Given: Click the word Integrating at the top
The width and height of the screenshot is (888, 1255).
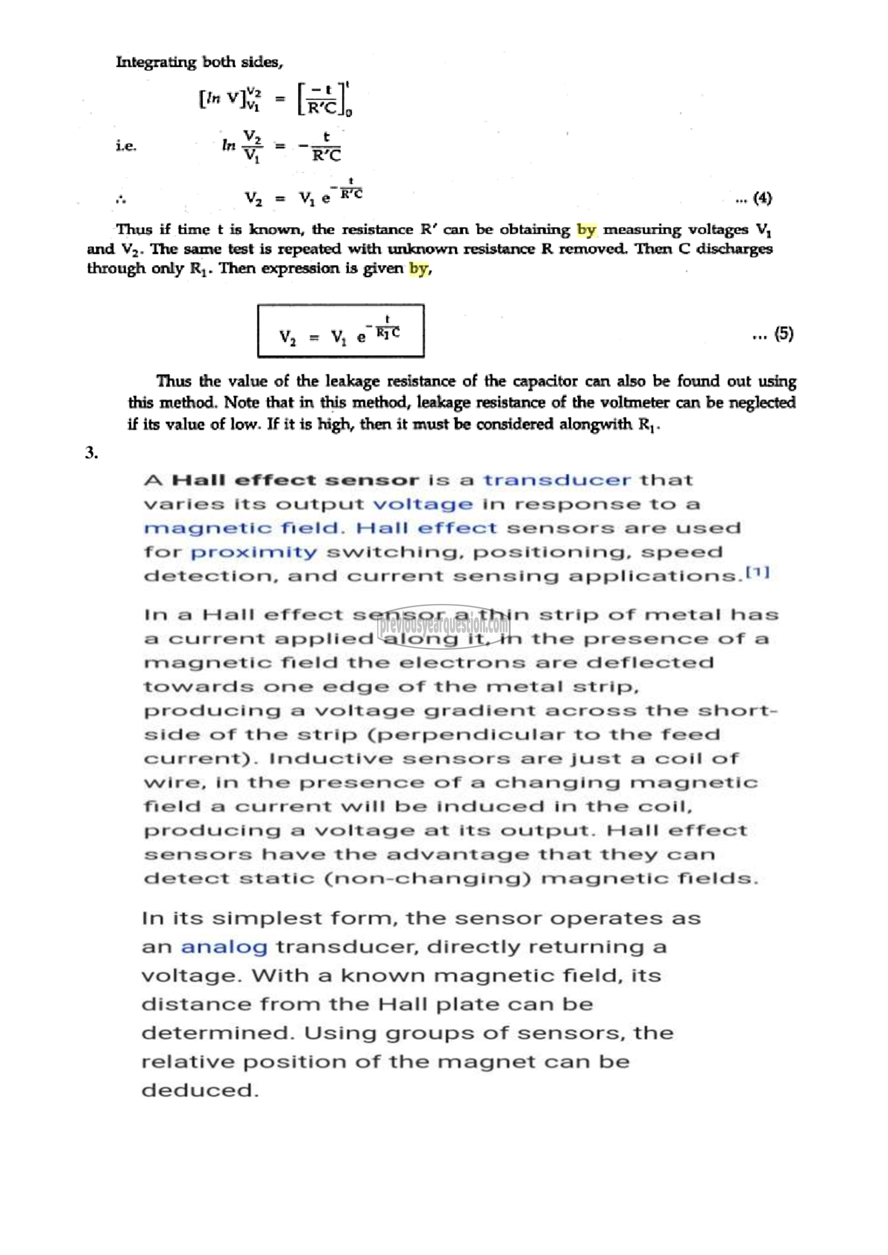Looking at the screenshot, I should click(155, 62).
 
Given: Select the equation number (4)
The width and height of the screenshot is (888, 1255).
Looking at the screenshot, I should click(762, 198).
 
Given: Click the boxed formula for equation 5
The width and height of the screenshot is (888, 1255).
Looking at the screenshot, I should click(341, 331).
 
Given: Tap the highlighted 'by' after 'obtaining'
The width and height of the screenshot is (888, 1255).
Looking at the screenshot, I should click(586, 229).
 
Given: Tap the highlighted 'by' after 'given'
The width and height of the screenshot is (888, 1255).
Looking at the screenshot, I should click(418, 268).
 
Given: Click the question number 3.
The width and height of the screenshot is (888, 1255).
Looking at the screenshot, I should click(91, 453).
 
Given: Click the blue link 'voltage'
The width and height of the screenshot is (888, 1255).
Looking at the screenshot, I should click(423, 504).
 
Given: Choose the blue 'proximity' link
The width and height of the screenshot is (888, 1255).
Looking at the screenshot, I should click(254, 552).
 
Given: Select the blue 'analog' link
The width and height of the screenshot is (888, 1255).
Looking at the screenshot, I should click(224, 947).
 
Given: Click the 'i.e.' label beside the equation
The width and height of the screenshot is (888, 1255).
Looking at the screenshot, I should click(126, 146).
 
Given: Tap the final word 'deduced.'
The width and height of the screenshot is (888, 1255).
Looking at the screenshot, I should click(200, 1090).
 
